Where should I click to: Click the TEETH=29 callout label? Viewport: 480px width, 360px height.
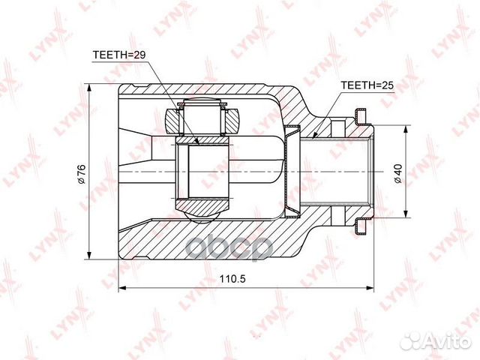(x=118, y=55)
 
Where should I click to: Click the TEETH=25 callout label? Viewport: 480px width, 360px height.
(x=367, y=85)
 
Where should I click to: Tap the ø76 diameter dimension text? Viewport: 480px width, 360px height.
(x=82, y=174)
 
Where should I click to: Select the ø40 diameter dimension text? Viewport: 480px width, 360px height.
(x=398, y=173)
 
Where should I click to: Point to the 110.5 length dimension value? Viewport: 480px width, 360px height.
(x=232, y=279)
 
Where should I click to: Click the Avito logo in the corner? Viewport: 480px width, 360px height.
(x=435, y=341)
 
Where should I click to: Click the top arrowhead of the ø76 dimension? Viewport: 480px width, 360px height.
(x=89, y=88)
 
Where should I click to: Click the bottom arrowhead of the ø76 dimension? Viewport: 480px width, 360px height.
(x=89, y=255)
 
